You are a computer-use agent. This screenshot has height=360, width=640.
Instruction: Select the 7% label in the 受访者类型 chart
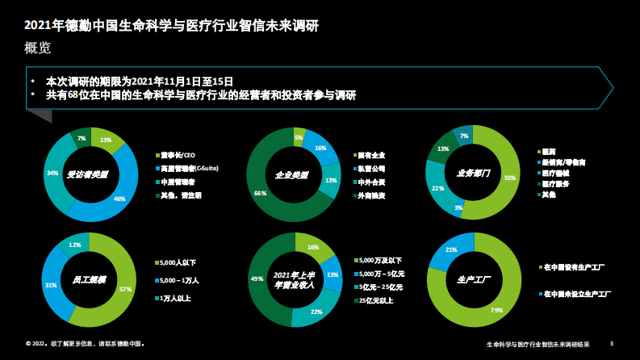(82, 139)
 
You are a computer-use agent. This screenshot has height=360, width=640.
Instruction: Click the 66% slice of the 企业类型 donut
(260, 193)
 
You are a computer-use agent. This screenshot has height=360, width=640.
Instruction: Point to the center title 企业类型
(291, 174)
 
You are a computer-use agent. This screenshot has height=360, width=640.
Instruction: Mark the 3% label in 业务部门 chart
(459, 209)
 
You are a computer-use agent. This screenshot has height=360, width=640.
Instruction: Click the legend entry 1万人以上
(176, 299)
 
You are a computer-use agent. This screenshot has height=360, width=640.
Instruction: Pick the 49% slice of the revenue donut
(259, 278)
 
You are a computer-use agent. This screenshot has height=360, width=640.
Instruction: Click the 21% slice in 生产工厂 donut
(452, 250)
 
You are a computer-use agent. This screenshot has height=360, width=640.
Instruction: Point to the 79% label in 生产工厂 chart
(497, 310)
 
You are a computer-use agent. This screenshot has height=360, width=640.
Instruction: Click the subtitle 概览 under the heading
(38, 48)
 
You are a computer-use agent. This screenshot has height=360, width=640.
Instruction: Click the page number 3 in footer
(611, 344)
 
